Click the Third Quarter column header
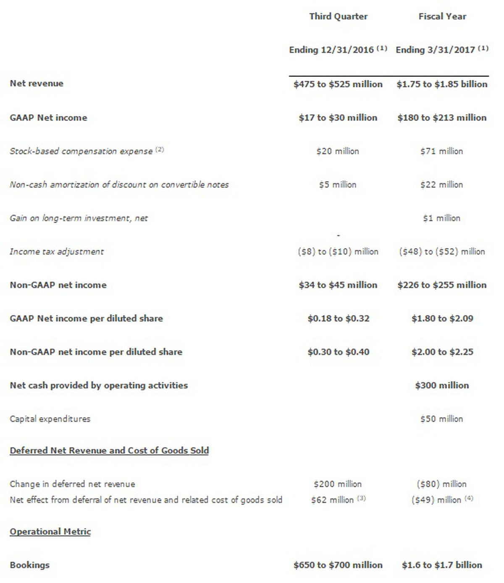tap(338, 16)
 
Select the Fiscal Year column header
tap(442, 16)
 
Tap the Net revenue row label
tap(37, 83)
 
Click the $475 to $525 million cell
tap(338, 84)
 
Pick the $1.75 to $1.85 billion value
tap(442, 84)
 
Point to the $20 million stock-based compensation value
tap(338, 151)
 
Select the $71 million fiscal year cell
tap(442, 151)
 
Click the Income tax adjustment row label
tap(57, 252)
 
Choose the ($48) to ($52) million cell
tap(442, 252)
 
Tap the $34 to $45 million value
tap(338, 285)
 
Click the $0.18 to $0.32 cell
tap(338, 318)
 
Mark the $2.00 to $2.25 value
tap(442, 352)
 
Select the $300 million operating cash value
tap(442, 385)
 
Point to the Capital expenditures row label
tap(50, 419)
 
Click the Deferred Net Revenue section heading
tap(109, 450)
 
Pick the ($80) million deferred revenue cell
tap(442, 484)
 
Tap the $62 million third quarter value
tap(333, 500)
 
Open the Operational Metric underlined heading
tap(50, 531)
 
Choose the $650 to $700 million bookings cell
tap(338, 565)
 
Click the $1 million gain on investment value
tap(442, 218)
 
